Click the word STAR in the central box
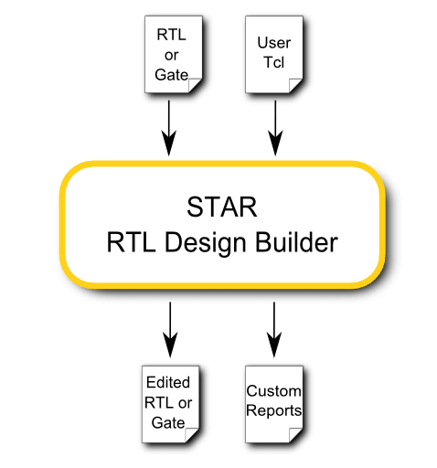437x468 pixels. [x=222, y=207]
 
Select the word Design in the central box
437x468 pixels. [x=206, y=243]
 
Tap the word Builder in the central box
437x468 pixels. [x=296, y=242]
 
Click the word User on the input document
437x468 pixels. [x=274, y=43]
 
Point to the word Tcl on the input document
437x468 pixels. [x=274, y=62]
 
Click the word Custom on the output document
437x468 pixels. [x=273, y=391]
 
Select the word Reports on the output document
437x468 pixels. [x=273, y=410]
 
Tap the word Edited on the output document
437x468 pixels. [x=168, y=382]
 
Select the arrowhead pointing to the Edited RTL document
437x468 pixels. [x=170, y=345]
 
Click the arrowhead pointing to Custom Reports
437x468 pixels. [x=274, y=345]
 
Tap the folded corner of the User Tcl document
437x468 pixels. [x=295, y=86]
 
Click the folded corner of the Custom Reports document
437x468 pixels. [x=295, y=435]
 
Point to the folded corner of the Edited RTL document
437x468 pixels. [x=191, y=435]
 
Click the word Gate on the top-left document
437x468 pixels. [x=171, y=75]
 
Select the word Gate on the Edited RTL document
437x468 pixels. [x=168, y=423]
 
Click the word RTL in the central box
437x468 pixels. [x=131, y=242]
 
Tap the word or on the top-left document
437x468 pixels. [x=171, y=56]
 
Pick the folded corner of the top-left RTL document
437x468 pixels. [x=195, y=86]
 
